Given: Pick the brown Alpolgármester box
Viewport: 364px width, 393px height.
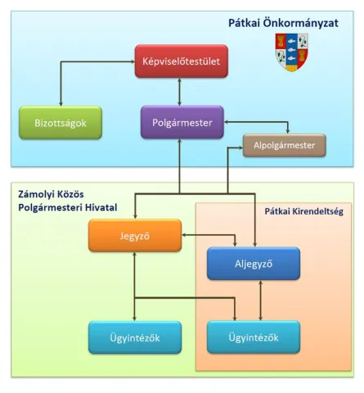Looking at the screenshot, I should click(285, 147).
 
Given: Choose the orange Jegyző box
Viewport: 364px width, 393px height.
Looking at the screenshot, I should click(133, 237).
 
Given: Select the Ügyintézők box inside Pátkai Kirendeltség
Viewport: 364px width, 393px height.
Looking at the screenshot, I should click(254, 337).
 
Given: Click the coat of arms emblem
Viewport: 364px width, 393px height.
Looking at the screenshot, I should click(291, 52).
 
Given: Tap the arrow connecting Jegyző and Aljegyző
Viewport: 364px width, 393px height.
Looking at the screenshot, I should click(208, 237).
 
